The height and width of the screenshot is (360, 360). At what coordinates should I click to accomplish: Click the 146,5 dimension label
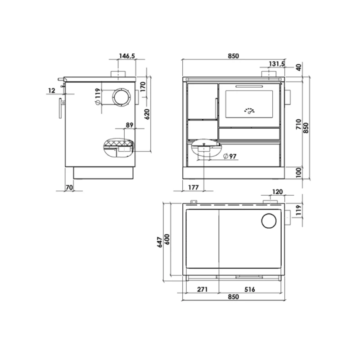pyautogui.click(x=127, y=56)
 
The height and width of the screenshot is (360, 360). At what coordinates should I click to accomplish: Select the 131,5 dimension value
pyautogui.click(x=277, y=64)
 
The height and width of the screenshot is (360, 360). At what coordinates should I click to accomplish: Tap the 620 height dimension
pyautogui.click(x=147, y=114)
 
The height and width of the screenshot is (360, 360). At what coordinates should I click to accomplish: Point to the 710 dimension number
pyautogui.click(x=299, y=124)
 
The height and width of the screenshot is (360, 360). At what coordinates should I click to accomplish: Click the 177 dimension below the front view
pyautogui.click(x=193, y=188)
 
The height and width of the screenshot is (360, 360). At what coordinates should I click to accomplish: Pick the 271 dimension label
pyautogui.click(x=202, y=289)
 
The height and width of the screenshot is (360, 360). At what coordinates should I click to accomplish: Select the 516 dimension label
pyautogui.click(x=250, y=289)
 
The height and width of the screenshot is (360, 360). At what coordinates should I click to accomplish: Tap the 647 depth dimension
pyautogui.click(x=160, y=242)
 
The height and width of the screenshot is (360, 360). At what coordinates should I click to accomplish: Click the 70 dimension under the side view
pyautogui.click(x=69, y=188)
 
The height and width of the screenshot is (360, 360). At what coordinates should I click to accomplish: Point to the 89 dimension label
pyautogui.click(x=130, y=125)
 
